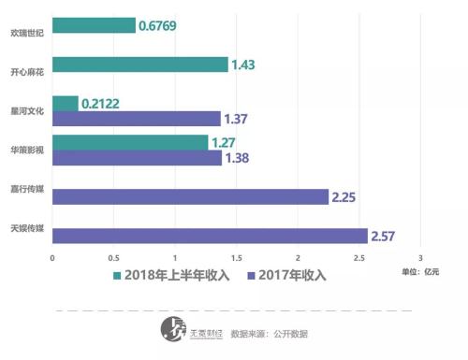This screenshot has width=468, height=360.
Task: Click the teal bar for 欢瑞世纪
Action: pos(94,25)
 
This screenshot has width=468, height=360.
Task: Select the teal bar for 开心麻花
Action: pos(139,65)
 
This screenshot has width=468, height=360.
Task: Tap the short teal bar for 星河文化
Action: pos(66,103)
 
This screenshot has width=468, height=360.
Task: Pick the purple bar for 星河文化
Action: pos(137,119)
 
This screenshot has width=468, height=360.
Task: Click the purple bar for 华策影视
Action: pos(138,158)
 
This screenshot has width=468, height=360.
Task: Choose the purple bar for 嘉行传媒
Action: pos(190,196)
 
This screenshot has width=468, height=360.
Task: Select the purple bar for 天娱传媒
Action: pos(210,236)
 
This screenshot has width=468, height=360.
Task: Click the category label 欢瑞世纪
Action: pos(25,31)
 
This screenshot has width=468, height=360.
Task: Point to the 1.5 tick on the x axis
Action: pos(236,257)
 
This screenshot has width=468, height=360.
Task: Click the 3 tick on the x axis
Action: pos(420,257)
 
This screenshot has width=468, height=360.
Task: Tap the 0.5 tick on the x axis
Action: pos(113,257)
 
